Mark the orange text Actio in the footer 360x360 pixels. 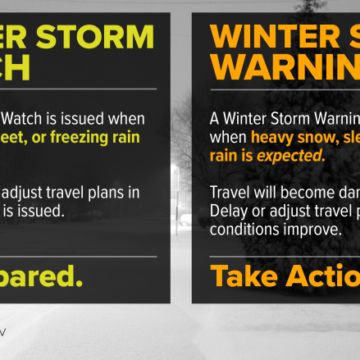click(326, 274)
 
